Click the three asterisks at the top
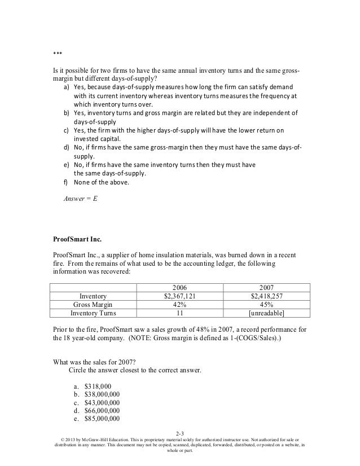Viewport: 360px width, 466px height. (50, 54)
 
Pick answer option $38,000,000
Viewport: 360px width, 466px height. (102, 394)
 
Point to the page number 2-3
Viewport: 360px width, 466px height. (180, 433)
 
